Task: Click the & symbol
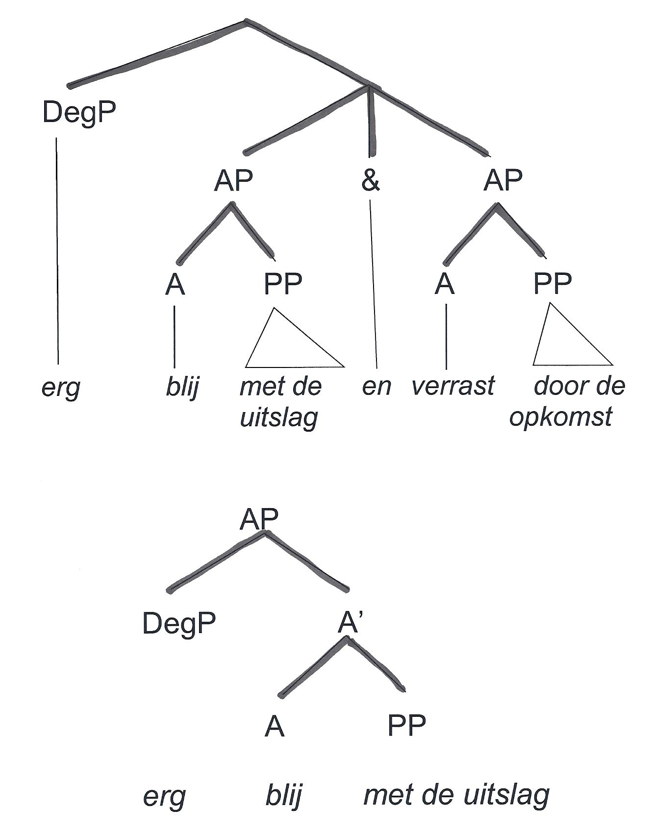pyautogui.click(x=371, y=181)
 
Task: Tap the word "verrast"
pyautogui.click(x=453, y=386)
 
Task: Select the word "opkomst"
pyautogui.click(x=561, y=417)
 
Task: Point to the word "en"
pyautogui.click(x=376, y=387)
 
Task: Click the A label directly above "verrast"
pyautogui.click(x=445, y=284)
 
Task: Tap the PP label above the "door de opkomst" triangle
pyautogui.click(x=552, y=283)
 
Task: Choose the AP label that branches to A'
pyautogui.click(x=259, y=519)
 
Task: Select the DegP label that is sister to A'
pyautogui.click(x=179, y=624)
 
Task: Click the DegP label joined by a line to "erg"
pyautogui.click(x=79, y=113)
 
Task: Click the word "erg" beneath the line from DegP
pyautogui.click(x=61, y=388)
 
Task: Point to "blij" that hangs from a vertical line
pyautogui.click(x=182, y=387)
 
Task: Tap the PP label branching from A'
pyautogui.click(x=406, y=725)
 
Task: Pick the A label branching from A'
pyautogui.click(x=274, y=726)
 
